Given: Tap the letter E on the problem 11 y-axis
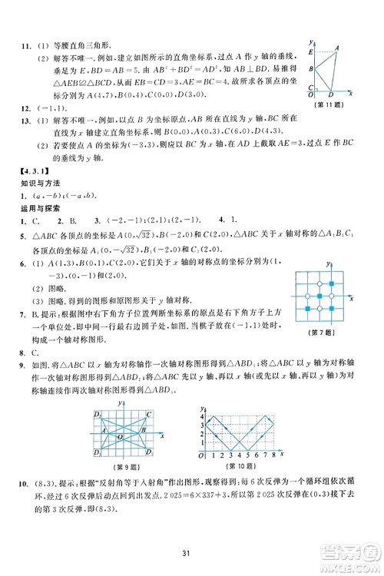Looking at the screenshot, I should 310,51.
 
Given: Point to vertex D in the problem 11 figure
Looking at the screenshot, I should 329,104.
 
